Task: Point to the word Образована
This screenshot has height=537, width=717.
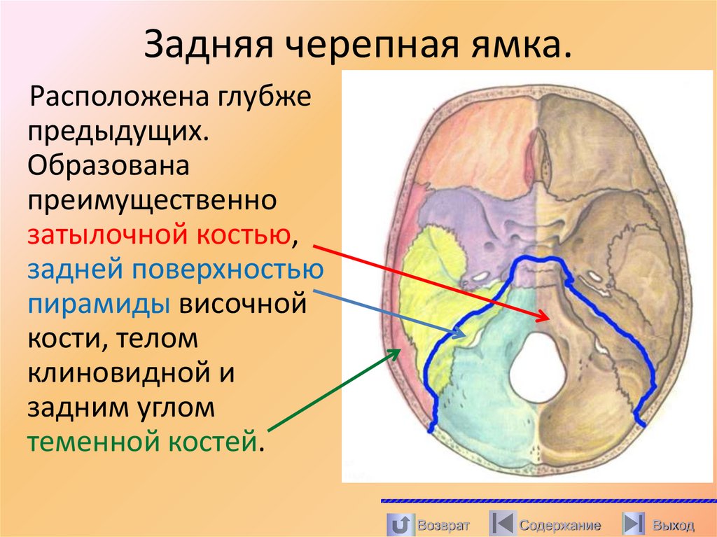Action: point(109,166)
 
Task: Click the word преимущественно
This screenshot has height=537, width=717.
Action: point(150,201)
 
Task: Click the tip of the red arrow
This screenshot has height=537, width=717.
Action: point(547,319)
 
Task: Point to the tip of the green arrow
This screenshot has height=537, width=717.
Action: point(399,349)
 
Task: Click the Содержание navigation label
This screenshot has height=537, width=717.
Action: point(559,524)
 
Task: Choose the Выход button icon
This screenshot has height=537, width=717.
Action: point(634,524)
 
